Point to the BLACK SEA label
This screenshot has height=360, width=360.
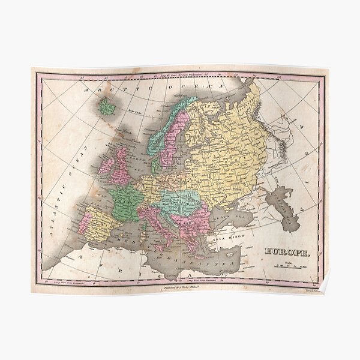(238, 211)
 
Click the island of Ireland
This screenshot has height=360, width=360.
(104, 163)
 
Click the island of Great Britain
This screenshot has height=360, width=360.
(122, 162)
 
